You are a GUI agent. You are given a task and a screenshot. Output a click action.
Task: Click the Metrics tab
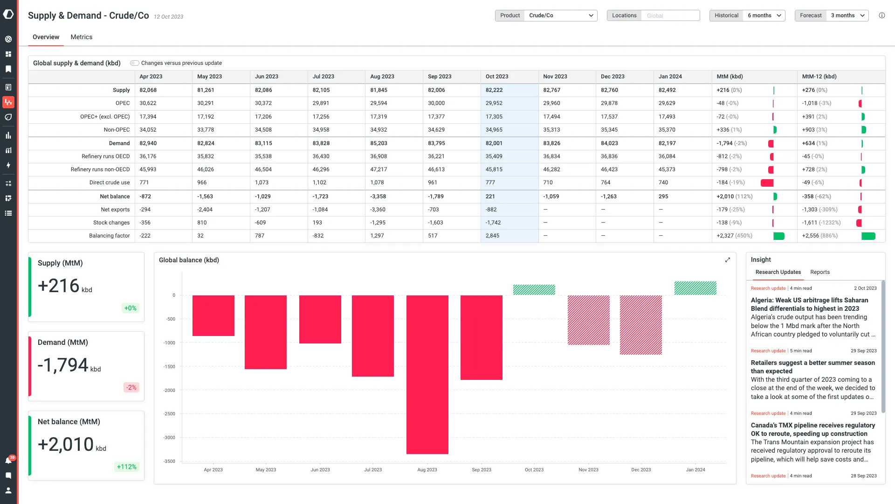click(81, 37)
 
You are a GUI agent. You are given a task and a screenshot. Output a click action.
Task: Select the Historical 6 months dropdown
click(764, 15)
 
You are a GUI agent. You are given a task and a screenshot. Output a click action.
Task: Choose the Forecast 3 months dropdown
click(847, 15)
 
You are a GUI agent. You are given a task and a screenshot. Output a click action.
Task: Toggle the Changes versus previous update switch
click(134, 63)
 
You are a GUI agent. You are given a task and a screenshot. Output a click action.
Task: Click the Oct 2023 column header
click(497, 77)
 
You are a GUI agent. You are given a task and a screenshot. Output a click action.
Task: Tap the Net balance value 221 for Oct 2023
click(490, 196)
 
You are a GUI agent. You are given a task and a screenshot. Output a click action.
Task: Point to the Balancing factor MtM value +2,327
click(725, 236)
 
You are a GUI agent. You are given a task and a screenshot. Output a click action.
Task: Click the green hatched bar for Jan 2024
click(695, 288)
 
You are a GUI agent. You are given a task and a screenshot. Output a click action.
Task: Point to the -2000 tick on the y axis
click(169, 390)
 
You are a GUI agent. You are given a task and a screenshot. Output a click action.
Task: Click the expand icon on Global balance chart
click(727, 260)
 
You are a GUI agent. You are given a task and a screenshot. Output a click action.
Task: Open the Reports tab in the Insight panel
click(819, 272)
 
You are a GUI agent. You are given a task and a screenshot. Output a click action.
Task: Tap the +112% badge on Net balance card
click(126, 467)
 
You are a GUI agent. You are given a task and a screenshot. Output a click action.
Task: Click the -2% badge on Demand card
click(131, 387)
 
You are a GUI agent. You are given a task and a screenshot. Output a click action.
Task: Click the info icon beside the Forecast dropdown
click(881, 15)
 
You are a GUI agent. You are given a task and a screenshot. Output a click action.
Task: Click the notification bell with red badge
click(8, 461)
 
